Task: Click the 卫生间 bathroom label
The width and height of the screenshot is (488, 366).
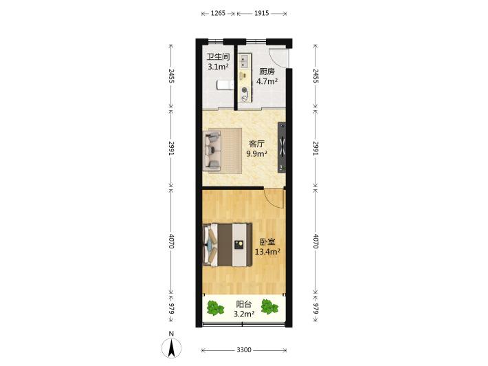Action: [x=219, y=57]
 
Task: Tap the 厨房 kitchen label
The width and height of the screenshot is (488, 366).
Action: [x=267, y=72]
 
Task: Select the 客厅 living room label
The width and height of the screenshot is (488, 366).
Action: [x=257, y=144]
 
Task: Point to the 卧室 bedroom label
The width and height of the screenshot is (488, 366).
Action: [x=267, y=242]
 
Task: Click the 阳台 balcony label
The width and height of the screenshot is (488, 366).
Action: [x=244, y=304]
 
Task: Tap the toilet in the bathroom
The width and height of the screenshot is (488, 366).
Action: [x=225, y=85]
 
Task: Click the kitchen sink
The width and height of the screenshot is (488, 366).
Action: [x=244, y=61]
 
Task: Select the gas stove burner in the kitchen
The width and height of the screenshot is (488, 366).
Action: [x=245, y=90]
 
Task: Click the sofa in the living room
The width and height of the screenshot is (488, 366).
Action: [x=212, y=151]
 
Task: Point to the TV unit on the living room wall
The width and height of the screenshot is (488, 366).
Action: [x=282, y=147]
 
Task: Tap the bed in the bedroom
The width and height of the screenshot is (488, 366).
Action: [x=228, y=245]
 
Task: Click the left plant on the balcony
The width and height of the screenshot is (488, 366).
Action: [x=215, y=308]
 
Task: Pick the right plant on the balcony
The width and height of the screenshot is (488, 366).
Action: [x=269, y=307]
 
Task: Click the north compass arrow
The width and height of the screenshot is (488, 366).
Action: [x=171, y=349]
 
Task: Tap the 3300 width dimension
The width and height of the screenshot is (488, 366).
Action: [x=244, y=350]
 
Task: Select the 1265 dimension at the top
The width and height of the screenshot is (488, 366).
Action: [x=218, y=13]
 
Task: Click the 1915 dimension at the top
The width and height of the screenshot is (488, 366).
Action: [x=261, y=13]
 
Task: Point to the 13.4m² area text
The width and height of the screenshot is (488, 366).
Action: [x=267, y=252]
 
